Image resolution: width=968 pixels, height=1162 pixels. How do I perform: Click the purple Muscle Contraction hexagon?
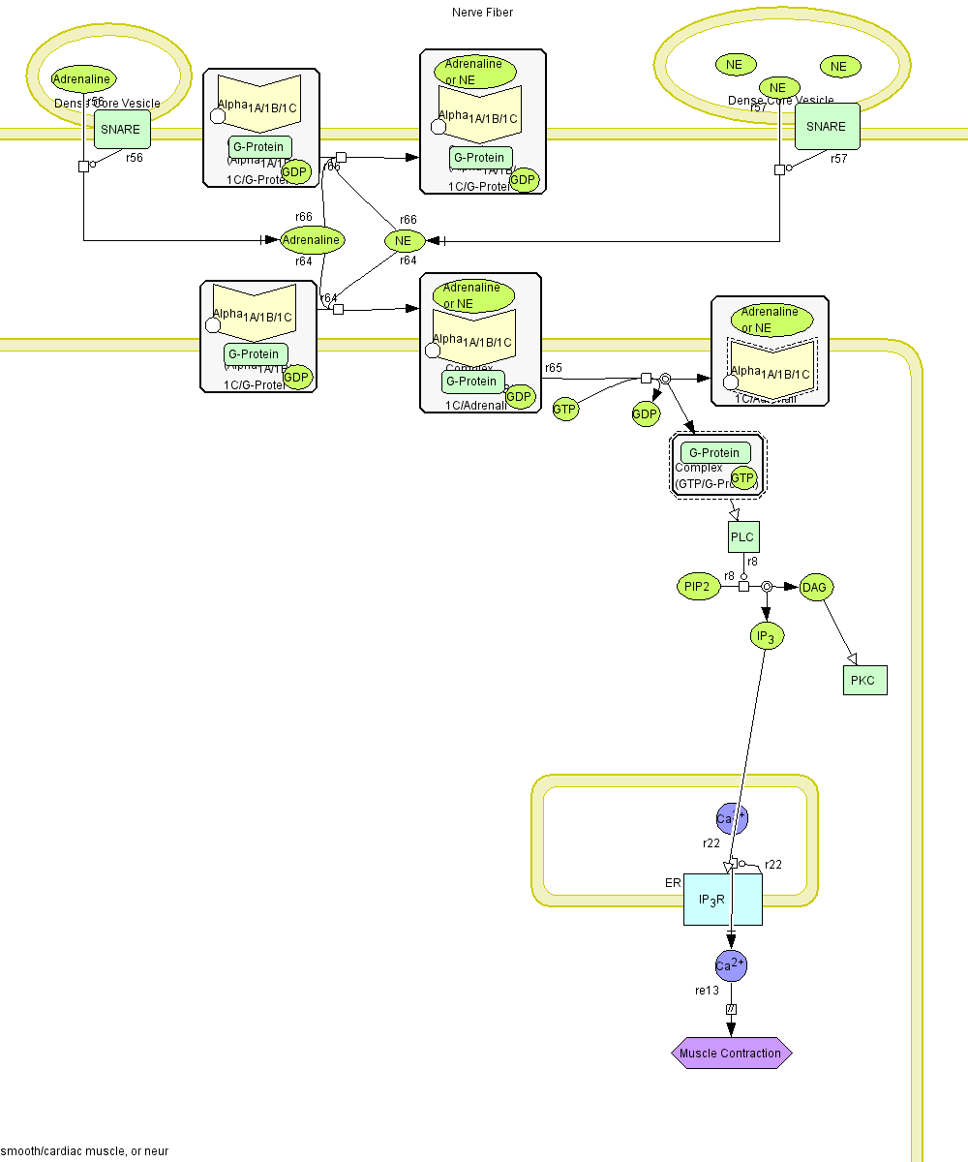coord(731,1053)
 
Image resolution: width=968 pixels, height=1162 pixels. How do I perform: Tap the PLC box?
coord(742,537)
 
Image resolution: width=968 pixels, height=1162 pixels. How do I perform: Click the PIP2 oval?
coord(698,587)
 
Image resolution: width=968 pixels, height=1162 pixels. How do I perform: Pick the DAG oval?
coord(815,587)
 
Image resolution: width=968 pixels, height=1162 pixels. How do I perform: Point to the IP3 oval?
coord(767,636)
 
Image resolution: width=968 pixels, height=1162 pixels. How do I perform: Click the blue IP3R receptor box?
coord(722,900)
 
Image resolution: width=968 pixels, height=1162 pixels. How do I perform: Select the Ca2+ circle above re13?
coord(731,965)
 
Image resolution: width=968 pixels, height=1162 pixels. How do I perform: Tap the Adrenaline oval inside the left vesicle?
coord(83,79)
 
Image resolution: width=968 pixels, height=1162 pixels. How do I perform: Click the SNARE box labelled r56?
coord(120,130)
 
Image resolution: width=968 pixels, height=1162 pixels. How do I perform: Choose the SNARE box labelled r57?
coord(827,127)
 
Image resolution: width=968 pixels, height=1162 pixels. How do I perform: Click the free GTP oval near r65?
coord(565,410)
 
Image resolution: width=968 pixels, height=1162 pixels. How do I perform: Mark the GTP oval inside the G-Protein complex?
coord(742,477)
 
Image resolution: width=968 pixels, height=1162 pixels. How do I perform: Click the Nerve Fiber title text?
coord(482,13)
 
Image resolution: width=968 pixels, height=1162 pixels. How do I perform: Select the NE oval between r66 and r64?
coord(404,240)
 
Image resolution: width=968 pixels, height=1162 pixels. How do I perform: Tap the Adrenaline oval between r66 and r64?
coord(312,239)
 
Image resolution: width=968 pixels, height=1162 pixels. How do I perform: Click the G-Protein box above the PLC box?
coord(715,453)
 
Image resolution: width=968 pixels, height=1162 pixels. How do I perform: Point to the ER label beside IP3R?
coord(673,883)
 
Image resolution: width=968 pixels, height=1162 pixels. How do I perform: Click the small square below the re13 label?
coord(731,1009)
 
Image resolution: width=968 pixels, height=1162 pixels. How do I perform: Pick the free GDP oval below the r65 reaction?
coord(646,414)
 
